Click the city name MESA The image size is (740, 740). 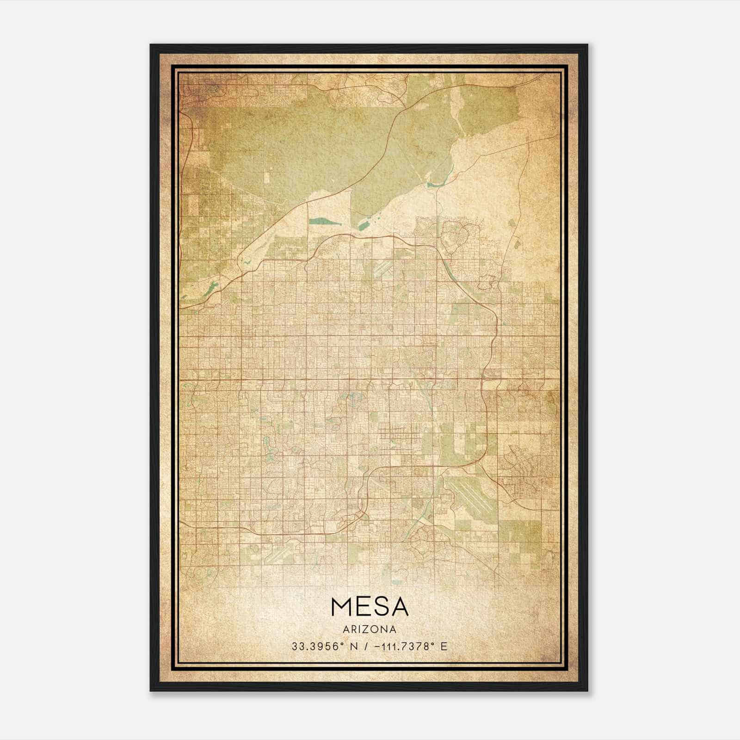coord(370,607)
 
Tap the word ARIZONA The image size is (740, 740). coord(370,629)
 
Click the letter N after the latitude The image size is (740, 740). coord(355,647)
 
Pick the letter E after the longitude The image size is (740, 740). coord(444,647)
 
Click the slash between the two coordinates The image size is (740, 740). coord(367,647)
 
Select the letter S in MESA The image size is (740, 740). coord(382,607)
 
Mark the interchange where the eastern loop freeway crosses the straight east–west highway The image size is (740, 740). coord(482,380)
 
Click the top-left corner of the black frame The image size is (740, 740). coord(150,45)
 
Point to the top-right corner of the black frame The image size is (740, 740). coord(587,45)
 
